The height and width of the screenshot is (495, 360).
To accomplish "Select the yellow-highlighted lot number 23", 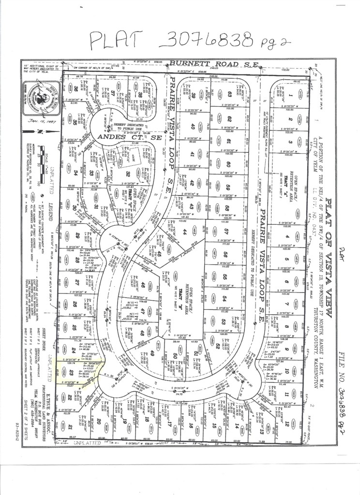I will [71, 372].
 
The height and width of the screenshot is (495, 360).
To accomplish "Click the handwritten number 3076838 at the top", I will [208, 38].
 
